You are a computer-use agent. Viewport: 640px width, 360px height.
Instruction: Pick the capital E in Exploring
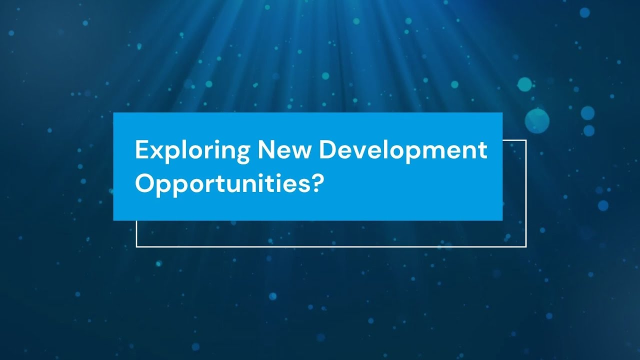pyautogui.click(x=140, y=150)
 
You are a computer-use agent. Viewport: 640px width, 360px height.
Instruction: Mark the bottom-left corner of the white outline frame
pyautogui.click(x=136, y=246)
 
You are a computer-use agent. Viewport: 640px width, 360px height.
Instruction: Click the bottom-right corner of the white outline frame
pyautogui.click(x=526, y=246)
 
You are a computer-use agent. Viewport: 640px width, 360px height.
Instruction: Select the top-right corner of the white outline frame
pyautogui.click(x=526, y=140)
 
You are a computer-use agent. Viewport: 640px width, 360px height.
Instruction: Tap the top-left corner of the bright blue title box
pyautogui.click(x=114, y=113)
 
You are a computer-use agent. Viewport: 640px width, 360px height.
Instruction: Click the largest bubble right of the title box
pyautogui.click(x=537, y=120)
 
